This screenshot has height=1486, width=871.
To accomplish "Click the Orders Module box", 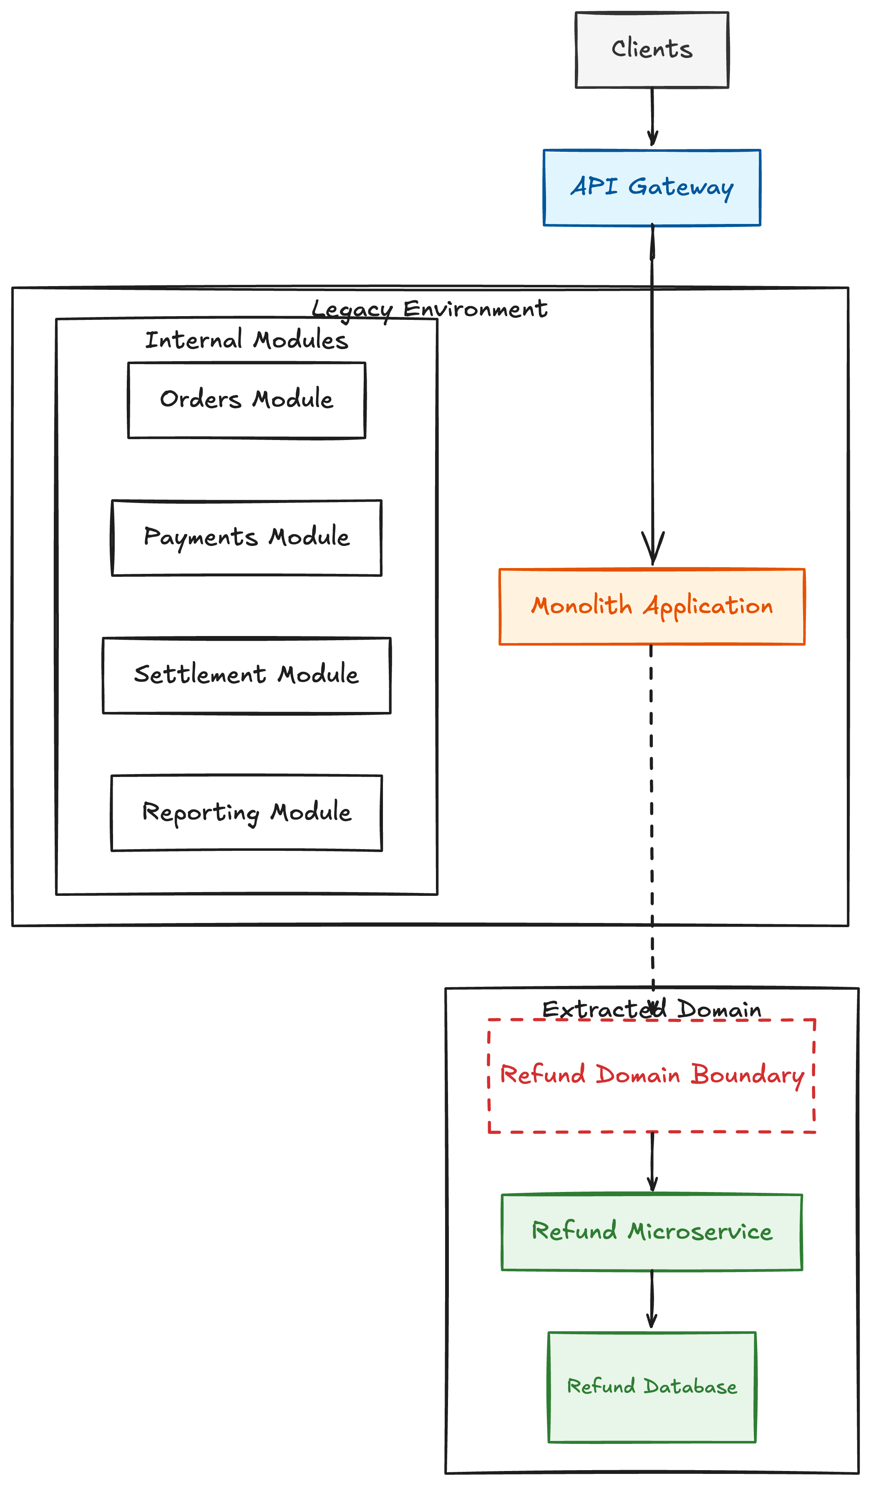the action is [247, 400].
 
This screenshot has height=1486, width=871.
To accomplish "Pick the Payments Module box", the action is [247, 538].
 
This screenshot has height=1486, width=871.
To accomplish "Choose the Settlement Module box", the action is [247, 676].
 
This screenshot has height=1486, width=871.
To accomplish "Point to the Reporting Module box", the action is [247, 813].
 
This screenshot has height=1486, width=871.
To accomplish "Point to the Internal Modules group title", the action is [247, 340].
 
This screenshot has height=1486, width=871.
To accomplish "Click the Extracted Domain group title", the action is [652, 1010].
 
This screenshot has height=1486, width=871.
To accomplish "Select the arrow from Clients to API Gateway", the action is [652, 117].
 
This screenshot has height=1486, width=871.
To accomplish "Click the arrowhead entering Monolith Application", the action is [653, 548].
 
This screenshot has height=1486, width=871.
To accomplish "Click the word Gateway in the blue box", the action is [681, 188].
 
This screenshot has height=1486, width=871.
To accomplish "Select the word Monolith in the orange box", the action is [582, 606].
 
